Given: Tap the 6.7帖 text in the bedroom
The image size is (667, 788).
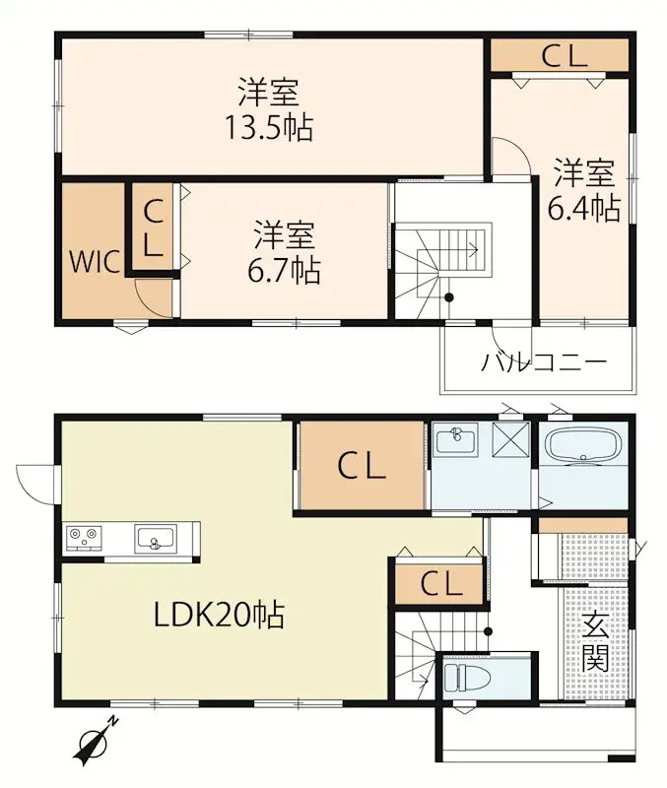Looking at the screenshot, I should click(286, 269).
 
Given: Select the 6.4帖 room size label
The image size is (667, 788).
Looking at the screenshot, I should click(583, 208).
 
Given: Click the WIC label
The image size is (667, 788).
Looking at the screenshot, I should click(95, 262).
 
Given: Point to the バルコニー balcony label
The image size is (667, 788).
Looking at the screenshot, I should click(543, 361).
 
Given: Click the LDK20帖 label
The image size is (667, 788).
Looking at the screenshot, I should click(219, 616).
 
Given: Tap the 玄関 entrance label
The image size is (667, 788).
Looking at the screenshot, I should click(593, 642).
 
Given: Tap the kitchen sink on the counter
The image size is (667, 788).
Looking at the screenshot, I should click(155, 538).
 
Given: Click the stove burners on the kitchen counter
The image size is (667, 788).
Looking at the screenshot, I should click(83, 537).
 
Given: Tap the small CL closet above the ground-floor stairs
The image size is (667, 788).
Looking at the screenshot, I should click(439, 584).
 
